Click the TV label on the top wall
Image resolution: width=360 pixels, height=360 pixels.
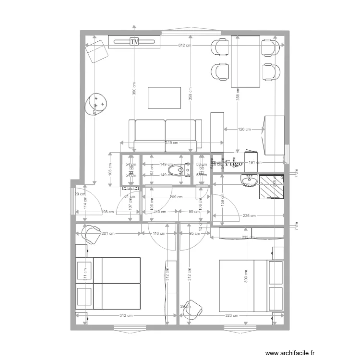(134, 42)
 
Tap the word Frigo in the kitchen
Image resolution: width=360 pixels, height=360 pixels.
(234, 163)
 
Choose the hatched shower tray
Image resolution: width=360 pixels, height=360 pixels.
(272, 187)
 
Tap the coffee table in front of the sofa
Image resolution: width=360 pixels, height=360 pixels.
(165, 98)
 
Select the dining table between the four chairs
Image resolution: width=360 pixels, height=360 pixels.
(245, 61)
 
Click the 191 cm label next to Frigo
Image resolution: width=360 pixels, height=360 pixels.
(255, 163)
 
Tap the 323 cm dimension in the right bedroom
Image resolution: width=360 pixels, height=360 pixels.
(232, 315)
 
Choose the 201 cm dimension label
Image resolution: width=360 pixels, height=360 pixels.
(108, 234)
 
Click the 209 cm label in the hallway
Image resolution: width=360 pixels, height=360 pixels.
(176, 197)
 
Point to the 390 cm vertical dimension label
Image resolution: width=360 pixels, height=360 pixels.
(134, 90)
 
